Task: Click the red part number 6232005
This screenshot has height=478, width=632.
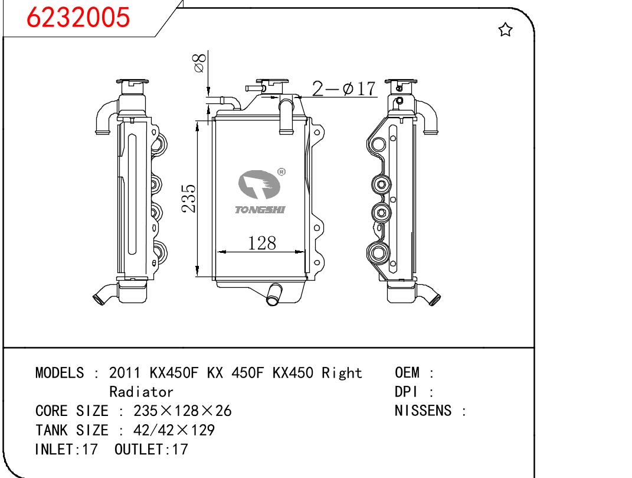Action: coord(78,17)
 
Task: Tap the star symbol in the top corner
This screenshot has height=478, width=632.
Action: coord(505,30)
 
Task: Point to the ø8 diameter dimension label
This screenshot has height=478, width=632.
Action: coord(200,63)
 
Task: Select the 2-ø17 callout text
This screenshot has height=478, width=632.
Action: coord(344,89)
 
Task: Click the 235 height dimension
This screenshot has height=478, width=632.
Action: coord(189,198)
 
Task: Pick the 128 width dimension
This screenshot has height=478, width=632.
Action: coord(262,243)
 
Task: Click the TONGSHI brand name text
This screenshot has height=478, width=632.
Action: coord(260,210)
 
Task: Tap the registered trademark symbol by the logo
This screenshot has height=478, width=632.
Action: coord(281,172)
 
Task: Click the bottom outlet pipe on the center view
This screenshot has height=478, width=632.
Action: coord(274,294)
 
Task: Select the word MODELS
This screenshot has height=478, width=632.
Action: coord(60,373)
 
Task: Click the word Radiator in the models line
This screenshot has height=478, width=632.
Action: coord(141,392)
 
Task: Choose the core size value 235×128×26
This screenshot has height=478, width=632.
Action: coord(182,411)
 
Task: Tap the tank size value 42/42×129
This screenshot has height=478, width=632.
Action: coord(174,430)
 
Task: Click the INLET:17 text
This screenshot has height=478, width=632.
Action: coord(67,449)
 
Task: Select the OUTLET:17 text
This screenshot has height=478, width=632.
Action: coord(151,449)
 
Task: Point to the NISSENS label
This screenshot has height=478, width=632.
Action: coord(423,411)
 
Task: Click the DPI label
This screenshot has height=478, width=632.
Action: coord(406,392)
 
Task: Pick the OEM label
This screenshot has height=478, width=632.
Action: coord(407,373)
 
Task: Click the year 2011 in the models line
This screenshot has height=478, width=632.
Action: coord(125,373)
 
